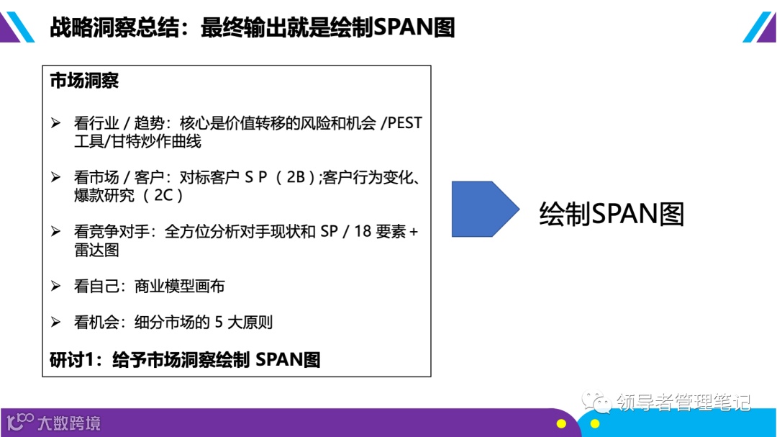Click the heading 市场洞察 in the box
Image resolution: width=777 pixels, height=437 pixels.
pos(84,81)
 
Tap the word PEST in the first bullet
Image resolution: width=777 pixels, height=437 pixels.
pos(404,123)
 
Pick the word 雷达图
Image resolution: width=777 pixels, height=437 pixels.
pos(96,250)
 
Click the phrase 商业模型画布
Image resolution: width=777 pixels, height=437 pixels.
pos(180,286)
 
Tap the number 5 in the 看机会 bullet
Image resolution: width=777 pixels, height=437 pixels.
pos(219,322)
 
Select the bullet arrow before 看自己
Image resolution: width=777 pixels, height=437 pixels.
pos(56,286)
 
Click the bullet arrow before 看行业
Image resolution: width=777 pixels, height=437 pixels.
pos(56,123)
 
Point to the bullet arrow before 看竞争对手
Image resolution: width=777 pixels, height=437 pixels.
pos(56,232)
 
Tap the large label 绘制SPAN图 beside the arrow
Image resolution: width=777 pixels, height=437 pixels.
pos(612,214)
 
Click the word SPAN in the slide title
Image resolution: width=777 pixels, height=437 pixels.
pos(405,27)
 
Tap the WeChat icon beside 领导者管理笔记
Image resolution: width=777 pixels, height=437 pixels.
pos(597,400)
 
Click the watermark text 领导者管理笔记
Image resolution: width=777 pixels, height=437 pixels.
pos(683,401)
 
